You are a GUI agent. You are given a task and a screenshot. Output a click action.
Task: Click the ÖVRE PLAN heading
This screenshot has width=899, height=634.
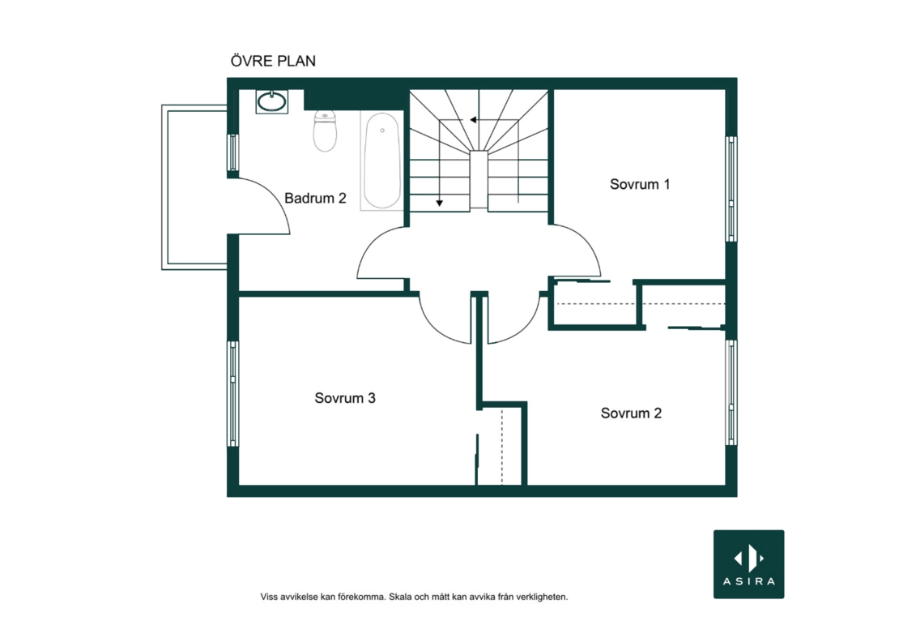pyautogui.click(x=273, y=60)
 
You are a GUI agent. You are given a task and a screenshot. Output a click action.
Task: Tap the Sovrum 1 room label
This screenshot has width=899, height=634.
pyautogui.click(x=640, y=184)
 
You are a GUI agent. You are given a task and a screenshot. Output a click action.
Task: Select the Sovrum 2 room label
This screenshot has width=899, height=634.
pyautogui.click(x=631, y=413)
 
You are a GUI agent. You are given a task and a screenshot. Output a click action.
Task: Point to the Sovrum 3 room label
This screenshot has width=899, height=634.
pyautogui.click(x=344, y=398)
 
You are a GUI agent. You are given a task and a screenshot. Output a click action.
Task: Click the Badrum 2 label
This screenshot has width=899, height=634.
pyautogui.click(x=315, y=198)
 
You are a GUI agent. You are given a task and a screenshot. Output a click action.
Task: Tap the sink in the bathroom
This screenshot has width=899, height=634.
pyautogui.click(x=272, y=101)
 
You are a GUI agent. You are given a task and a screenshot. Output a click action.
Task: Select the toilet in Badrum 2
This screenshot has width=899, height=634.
pyautogui.click(x=325, y=131)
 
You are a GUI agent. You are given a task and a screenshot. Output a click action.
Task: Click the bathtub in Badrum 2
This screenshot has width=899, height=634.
pyautogui.click(x=381, y=161)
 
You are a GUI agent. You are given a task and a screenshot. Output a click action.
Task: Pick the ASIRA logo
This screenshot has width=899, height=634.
pyautogui.click(x=749, y=564)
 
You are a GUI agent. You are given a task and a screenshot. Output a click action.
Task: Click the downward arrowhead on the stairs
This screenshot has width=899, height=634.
pyautogui.click(x=439, y=203)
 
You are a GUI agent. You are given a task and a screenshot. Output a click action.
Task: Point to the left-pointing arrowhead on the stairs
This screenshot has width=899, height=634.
pyautogui.click(x=473, y=120)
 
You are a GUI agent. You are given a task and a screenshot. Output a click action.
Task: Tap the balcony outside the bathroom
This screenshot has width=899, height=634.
pyautogui.click(x=194, y=187)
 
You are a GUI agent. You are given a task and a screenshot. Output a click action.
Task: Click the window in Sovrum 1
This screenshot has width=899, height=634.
pyautogui.click(x=731, y=189)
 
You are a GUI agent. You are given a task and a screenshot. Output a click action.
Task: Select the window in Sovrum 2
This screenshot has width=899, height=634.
pyautogui.click(x=731, y=392)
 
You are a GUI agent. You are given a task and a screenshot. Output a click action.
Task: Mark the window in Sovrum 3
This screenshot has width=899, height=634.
pyautogui.click(x=232, y=393)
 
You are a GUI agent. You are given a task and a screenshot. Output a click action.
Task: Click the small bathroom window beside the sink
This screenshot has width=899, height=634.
pyautogui.click(x=232, y=152)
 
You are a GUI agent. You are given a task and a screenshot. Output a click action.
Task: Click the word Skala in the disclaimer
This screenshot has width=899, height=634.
pyautogui.click(x=399, y=597)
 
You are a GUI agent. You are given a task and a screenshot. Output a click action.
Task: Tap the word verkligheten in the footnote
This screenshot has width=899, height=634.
pyautogui.click(x=542, y=597)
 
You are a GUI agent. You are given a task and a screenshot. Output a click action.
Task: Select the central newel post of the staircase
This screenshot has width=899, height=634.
pyautogui.click(x=479, y=180)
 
